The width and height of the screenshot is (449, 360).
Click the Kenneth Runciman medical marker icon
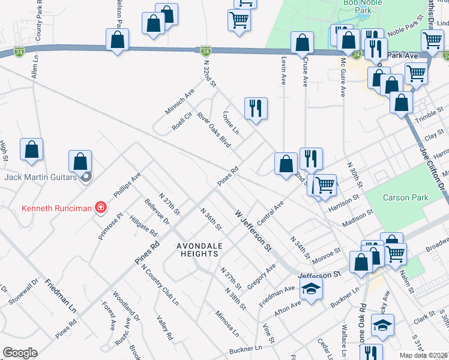click(x=101, y=208)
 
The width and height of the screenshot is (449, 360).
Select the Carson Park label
click(x=406, y=197)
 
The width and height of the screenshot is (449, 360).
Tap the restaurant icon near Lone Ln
click(x=256, y=109)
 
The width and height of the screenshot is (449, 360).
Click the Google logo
click(x=20, y=353)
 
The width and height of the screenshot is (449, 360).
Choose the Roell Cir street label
click(x=181, y=121)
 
